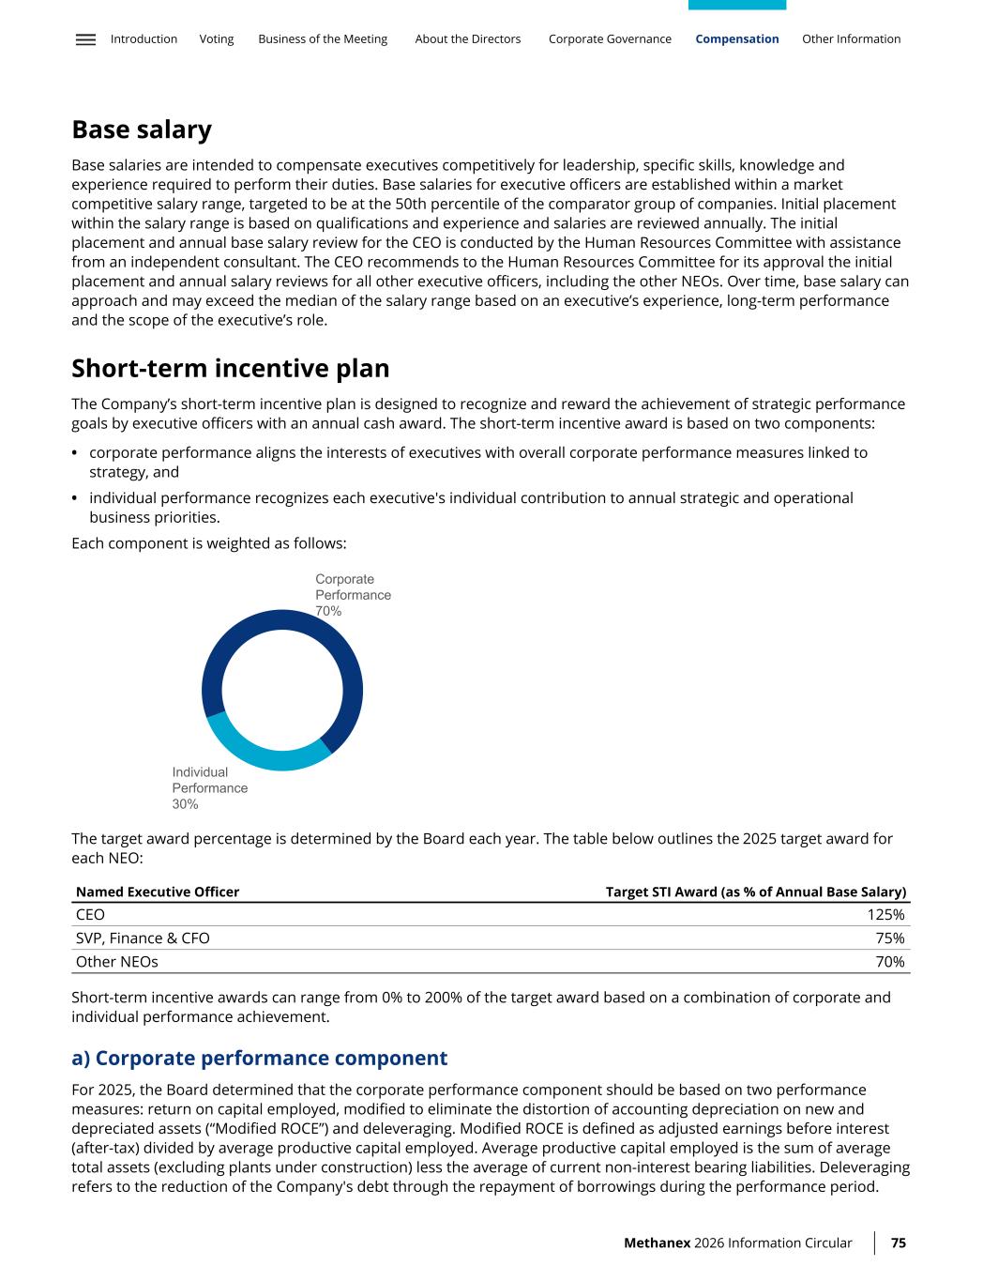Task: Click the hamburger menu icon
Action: [85, 39]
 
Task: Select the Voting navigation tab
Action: [217, 39]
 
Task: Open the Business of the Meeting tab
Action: [323, 39]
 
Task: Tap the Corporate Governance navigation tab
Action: [610, 39]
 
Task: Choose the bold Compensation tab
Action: [737, 39]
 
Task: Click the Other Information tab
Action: [851, 39]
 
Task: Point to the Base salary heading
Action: [142, 130]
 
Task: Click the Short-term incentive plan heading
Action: [230, 368]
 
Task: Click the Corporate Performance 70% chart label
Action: [353, 595]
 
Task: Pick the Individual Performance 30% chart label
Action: [209, 788]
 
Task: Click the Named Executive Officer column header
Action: [158, 892]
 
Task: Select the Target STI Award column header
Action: [755, 892]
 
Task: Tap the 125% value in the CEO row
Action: [885, 915]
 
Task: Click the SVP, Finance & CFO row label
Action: [143, 938]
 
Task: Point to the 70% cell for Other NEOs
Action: [889, 962]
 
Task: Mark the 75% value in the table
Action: [889, 938]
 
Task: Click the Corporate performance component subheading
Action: [260, 1059]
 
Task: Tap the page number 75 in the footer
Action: [898, 1243]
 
